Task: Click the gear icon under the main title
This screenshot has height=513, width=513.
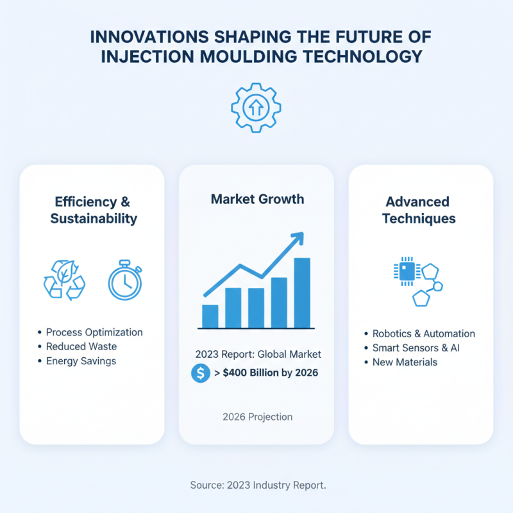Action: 256,107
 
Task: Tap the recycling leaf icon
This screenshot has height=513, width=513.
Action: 64,279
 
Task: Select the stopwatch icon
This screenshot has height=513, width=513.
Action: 125,280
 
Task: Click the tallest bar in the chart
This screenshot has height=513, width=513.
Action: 302,292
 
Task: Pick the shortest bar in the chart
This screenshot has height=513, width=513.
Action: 210,316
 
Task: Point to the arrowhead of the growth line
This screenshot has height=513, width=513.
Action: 297,238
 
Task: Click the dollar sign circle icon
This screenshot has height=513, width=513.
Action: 201,373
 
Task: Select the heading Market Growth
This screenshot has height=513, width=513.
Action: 257,199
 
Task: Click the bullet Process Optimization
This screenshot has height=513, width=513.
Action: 94,332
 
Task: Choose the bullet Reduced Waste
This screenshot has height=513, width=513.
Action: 81,346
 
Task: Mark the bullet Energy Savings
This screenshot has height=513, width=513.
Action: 81,360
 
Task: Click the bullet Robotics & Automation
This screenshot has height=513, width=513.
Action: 423,333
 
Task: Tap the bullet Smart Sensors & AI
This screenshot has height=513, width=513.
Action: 416,348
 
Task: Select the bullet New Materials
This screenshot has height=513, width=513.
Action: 405,362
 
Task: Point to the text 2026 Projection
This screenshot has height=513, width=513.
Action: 257,417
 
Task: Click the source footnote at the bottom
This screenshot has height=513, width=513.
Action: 258,485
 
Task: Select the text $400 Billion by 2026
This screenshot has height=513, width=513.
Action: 270,373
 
